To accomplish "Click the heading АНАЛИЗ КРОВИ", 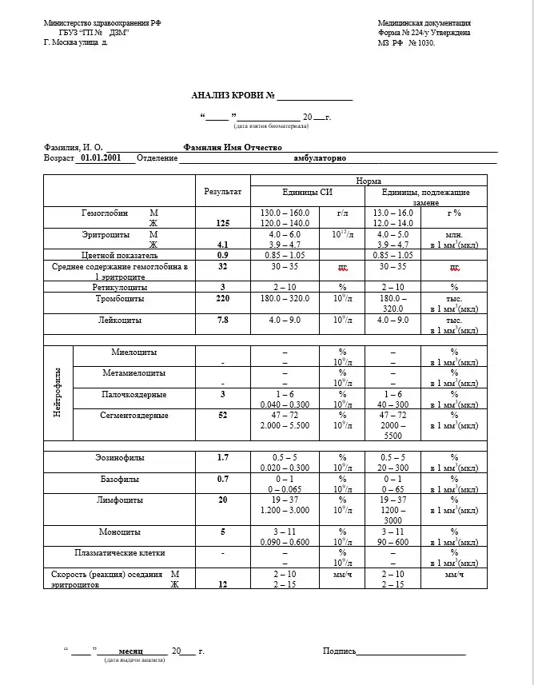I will click(x=233, y=95).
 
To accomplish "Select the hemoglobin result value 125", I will click(x=223, y=223).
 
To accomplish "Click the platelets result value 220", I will click(x=223, y=298).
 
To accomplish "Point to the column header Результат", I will click(x=223, y=192).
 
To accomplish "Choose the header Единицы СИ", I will click(x=307, y=192).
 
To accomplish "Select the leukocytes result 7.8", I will click(x=223, y=320).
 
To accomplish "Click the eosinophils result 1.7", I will click(x=223, y=457).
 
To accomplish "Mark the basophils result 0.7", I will click(x=223, y=479).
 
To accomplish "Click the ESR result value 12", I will click(x=223, y=584).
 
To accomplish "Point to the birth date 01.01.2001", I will click(x=101, y=158).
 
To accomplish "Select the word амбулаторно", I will click(x=320, y=158).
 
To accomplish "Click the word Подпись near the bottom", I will click(x=340, y=651).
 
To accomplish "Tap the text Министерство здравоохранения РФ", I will click(x=103, y=23).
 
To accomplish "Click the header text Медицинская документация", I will click(x=424, y=23).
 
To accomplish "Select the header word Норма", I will click(x=369, y=181).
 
